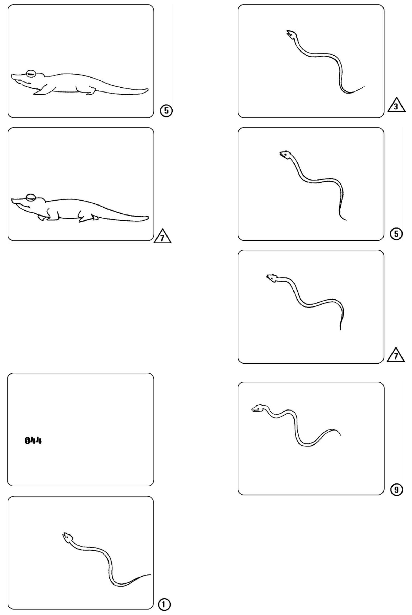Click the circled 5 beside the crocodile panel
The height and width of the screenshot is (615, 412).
tap(166, 110)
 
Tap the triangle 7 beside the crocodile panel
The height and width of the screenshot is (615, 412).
tap(163, 237)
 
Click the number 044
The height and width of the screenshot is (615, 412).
tap(33, 440)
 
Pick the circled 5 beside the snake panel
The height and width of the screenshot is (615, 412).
tap(396, 234)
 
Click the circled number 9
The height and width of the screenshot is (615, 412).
tap(397, 489)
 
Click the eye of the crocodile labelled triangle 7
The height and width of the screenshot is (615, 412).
tap(31, 197)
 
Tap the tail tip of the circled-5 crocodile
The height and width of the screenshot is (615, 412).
tap(148, 90)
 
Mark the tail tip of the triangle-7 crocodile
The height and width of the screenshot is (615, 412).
tap(148, 218)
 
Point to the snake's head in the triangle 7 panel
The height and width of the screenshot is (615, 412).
tap(272, 278)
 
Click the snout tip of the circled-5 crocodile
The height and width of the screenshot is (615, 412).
tap(12, 76)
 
